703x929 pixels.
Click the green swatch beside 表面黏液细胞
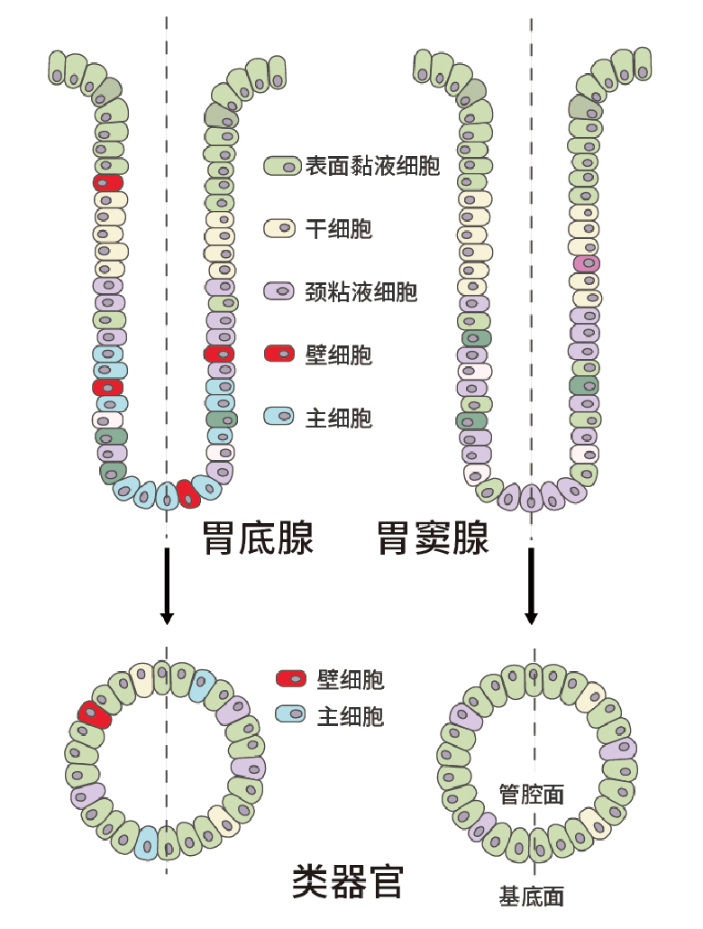coord(282,166)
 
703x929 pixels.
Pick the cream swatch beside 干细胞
coord(282,228)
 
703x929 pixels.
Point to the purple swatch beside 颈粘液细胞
coord(282,291)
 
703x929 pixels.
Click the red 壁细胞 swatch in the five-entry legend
coord(282,354)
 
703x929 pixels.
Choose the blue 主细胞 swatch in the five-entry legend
coord(282,416)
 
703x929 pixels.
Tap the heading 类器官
coord(348,880)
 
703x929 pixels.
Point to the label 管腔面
coord(532,794)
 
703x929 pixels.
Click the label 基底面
coord(532,897)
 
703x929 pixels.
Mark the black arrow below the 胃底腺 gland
coord(166,591)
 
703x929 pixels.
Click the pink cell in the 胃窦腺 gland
coord(587,263)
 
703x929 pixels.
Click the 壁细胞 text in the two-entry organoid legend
coord(351,679)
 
